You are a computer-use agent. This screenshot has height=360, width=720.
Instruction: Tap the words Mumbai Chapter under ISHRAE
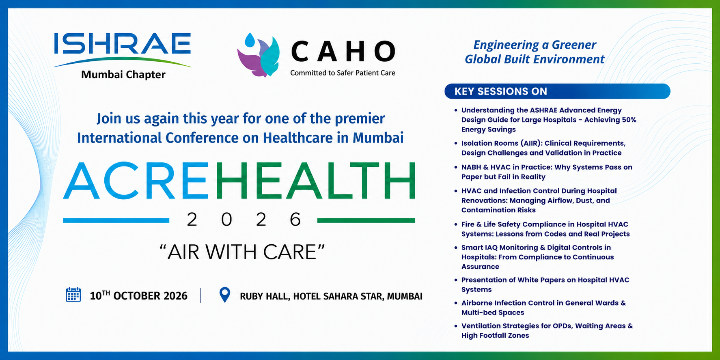click(x=123, y=75)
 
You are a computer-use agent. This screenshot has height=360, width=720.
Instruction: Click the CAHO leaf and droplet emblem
click(x=259, y=55)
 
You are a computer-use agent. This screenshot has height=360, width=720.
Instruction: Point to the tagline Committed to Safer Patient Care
click(x=343, y=73)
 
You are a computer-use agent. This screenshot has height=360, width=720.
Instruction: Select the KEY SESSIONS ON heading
click(x=501, y=91)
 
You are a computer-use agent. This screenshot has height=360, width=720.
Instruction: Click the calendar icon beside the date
click(x=73, y=295)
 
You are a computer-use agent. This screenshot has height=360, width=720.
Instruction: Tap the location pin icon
click(x=224, y=295)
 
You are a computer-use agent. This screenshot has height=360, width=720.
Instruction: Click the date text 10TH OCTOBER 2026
click(x=139, y=295)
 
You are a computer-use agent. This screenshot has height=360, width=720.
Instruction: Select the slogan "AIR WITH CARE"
click(x=242, y=252)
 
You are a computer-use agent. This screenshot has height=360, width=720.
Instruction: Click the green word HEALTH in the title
click(x=315, y=181)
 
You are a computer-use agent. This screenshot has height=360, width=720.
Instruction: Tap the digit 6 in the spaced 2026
click(x=295, y=220)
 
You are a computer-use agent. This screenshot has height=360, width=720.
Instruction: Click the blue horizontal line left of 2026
click(x=116, y=220)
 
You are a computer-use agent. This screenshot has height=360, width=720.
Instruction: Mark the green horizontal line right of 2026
click(x=366, y=220)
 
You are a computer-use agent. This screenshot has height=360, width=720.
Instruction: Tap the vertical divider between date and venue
click(x=201, y=295)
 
